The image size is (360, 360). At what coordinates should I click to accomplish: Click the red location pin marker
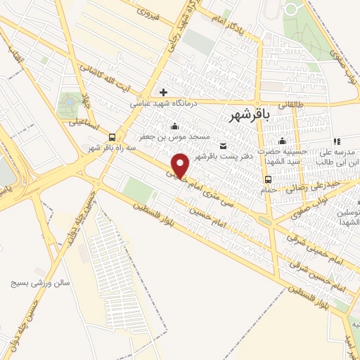tap(181, 165)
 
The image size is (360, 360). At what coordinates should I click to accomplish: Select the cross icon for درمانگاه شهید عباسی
tap(163, 92)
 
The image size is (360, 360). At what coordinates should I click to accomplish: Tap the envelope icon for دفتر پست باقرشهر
tap(224, 146)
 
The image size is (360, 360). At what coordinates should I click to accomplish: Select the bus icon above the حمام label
tap(268, 179)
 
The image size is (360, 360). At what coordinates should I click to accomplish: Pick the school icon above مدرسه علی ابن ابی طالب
tap(336, 141)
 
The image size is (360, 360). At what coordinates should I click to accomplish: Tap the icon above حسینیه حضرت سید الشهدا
tap(282, 141)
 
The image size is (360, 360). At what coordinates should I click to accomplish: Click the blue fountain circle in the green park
tap(70, 102)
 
